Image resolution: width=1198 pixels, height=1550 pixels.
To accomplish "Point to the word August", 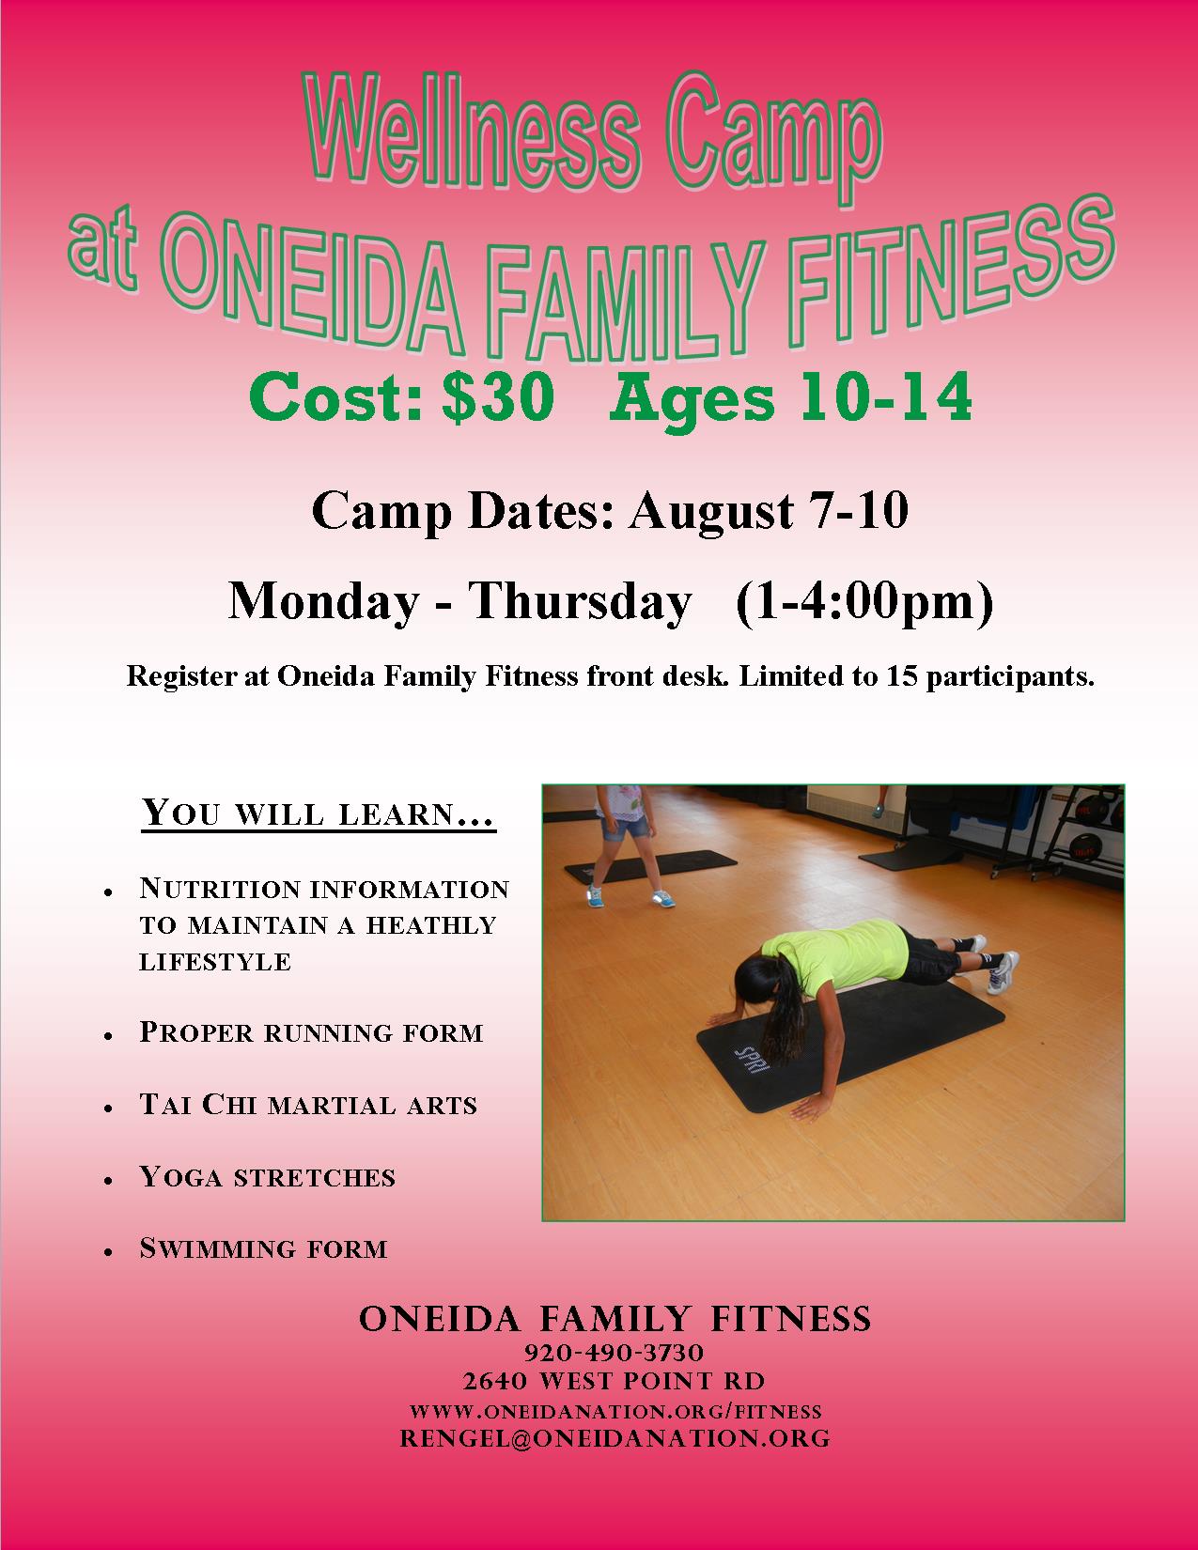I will tap(710, 512).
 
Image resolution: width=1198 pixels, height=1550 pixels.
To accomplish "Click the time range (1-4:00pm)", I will tap(864, 602).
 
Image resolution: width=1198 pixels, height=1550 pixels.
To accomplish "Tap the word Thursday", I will tap(579, 602).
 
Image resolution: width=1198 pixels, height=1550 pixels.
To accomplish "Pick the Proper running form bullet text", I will tap(311, 1032).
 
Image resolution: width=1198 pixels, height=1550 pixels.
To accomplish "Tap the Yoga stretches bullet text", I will tap(267, 1176).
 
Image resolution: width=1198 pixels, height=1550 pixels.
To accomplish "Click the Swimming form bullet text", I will tap(263, 1248).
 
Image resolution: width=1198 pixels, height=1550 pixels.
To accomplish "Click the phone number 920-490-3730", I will tap(615, 1353).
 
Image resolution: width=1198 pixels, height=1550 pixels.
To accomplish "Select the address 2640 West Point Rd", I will tap(615, 1382).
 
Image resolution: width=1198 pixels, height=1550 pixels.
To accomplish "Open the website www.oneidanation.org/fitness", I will tap(615, 1412).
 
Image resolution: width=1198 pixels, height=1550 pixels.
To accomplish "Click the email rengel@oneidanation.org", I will tap(615, 1438).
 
